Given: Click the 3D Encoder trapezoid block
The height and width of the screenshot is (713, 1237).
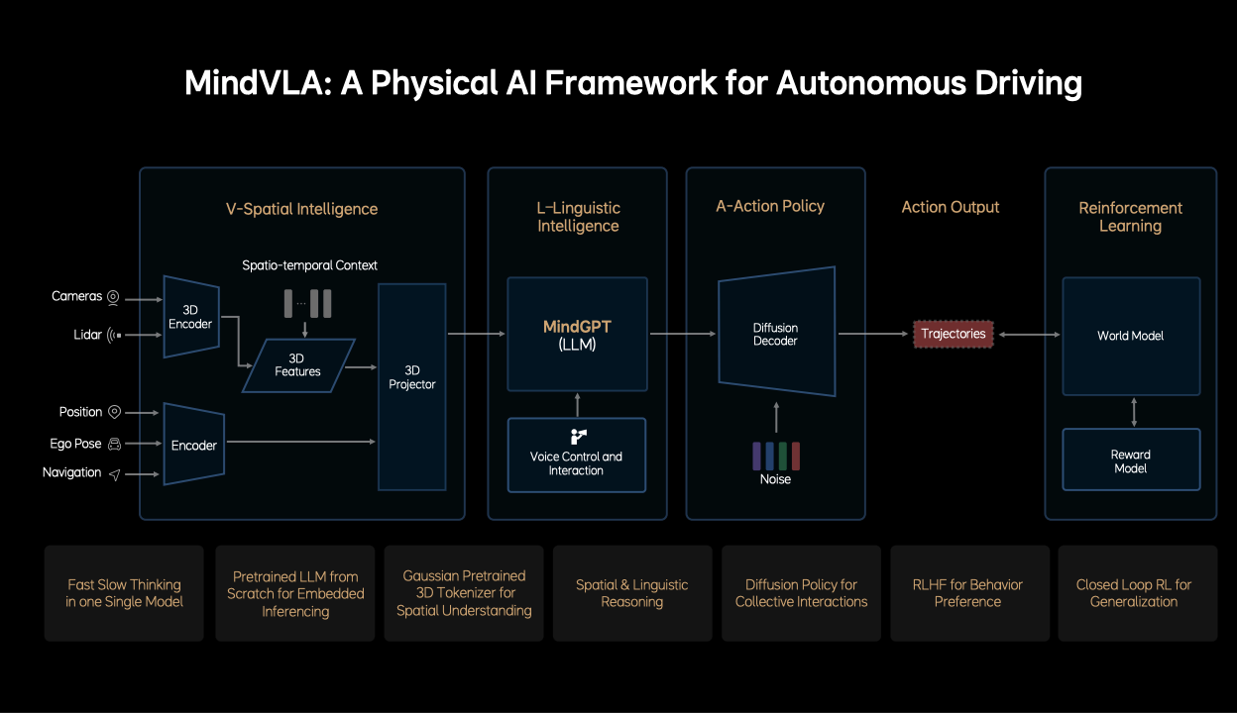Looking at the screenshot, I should tap(190, 317).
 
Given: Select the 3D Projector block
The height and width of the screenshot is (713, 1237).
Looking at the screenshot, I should tap(412, 386).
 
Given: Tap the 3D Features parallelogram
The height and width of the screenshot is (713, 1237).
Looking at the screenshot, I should tap(297, 364).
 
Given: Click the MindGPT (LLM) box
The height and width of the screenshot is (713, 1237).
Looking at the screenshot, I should tap(577, 334).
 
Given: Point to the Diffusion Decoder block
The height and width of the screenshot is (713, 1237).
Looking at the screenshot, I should tap(775, 335).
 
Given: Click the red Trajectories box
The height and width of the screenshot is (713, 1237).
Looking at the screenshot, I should tap(954, 334).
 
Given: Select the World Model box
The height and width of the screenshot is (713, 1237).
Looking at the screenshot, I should tap(1130, 336).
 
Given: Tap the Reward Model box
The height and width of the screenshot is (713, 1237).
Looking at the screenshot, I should tap(1130, 460).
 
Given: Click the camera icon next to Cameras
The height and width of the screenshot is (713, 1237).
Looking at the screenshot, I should tap(113, 297).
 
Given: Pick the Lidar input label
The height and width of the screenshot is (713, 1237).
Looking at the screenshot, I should tap(87, 335).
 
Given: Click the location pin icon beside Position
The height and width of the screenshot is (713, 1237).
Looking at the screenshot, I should tap(114, 412).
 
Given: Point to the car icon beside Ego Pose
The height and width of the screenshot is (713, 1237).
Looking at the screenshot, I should tap(114, 444).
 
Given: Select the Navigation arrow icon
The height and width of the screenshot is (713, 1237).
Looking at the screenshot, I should tap(114, 474).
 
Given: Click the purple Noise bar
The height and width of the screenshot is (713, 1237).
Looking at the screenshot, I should tap(757, 456).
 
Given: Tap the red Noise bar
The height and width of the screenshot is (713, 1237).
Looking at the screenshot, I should tap(795, 456).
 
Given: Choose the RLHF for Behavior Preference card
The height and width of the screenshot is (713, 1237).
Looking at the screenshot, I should tap(968, 592).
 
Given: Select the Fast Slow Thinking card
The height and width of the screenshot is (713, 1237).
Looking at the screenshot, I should tap(124, 592).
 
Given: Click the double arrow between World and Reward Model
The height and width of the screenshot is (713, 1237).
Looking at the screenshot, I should tap(1133, 411).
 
